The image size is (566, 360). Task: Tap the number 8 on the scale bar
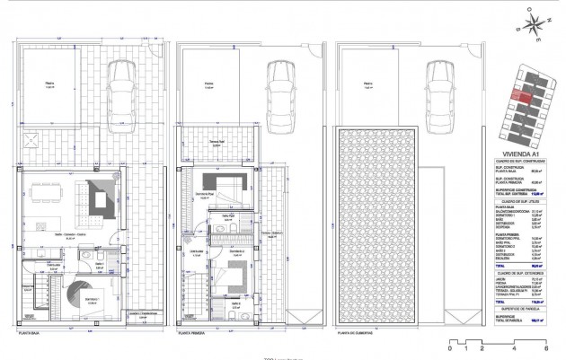[546, 347]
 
